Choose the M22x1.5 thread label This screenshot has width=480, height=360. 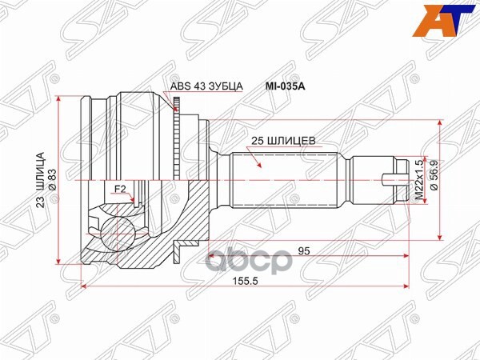[418, 178]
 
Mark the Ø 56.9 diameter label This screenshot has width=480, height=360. [434, 177]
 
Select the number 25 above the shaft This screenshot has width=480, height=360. [258, 141]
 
